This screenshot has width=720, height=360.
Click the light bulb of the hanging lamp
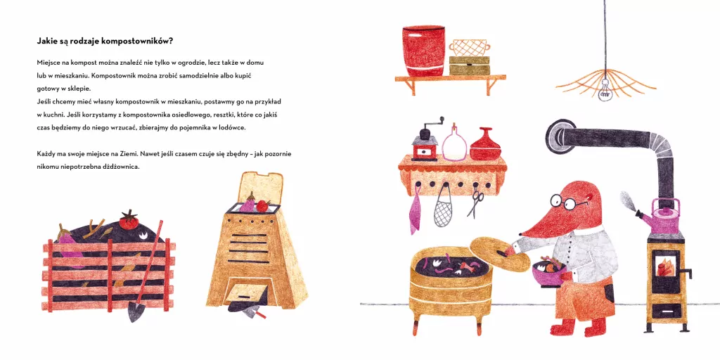click(605, 93)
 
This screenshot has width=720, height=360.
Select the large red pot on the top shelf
click(423, 51)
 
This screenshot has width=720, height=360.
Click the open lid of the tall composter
click(260, 188)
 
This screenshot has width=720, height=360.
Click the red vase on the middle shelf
click(485, 145)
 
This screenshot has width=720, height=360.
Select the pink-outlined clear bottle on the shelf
click(454, 143)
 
